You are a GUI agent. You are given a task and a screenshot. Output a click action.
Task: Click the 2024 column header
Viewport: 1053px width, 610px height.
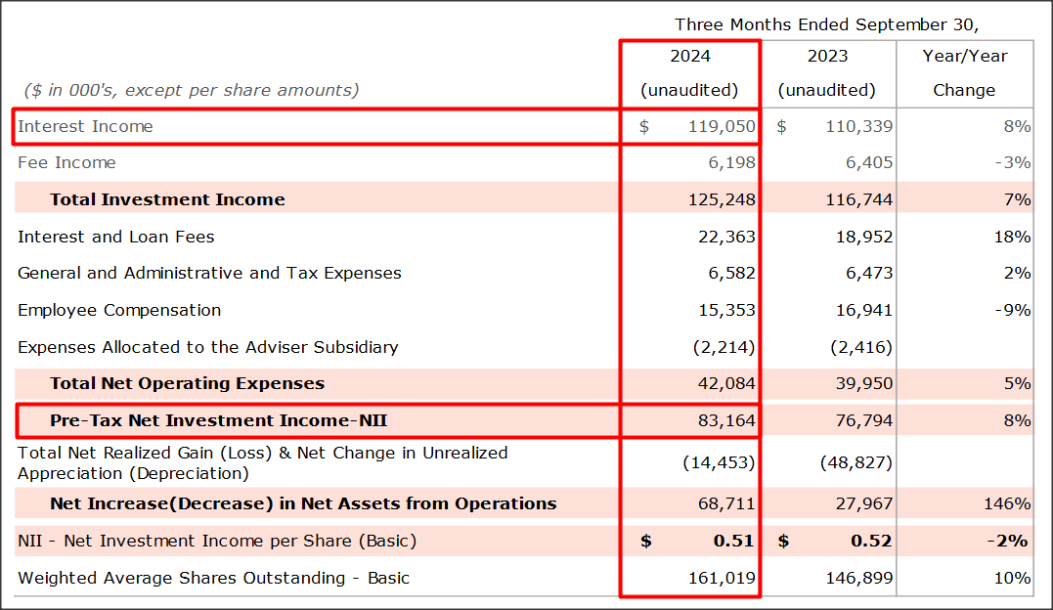tap(689, 57)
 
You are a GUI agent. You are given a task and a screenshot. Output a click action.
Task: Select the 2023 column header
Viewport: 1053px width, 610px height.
tap(827, 57)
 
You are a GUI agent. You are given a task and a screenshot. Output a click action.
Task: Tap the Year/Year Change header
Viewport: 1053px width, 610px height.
tap(964, 72)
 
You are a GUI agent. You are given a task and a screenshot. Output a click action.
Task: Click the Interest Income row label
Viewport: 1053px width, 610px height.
tap(85, 126)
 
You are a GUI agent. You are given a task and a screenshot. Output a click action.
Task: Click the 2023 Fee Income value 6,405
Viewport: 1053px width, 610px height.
tap(869, 162)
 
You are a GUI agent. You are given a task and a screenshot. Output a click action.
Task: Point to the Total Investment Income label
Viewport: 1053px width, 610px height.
tap(167, 199)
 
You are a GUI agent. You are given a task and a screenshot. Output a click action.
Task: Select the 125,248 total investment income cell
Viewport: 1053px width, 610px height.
tap(720, 199)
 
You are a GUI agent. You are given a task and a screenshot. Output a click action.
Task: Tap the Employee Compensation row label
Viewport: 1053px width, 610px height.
tap(119, 310)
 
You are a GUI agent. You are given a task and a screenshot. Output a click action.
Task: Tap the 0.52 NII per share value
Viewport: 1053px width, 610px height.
tap(869, 541)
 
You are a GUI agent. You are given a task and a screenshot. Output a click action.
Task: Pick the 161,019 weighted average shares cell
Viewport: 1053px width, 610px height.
tap(720, 578)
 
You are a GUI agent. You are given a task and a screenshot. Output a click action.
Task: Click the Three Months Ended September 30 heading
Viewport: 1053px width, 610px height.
tap(826, 24)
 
